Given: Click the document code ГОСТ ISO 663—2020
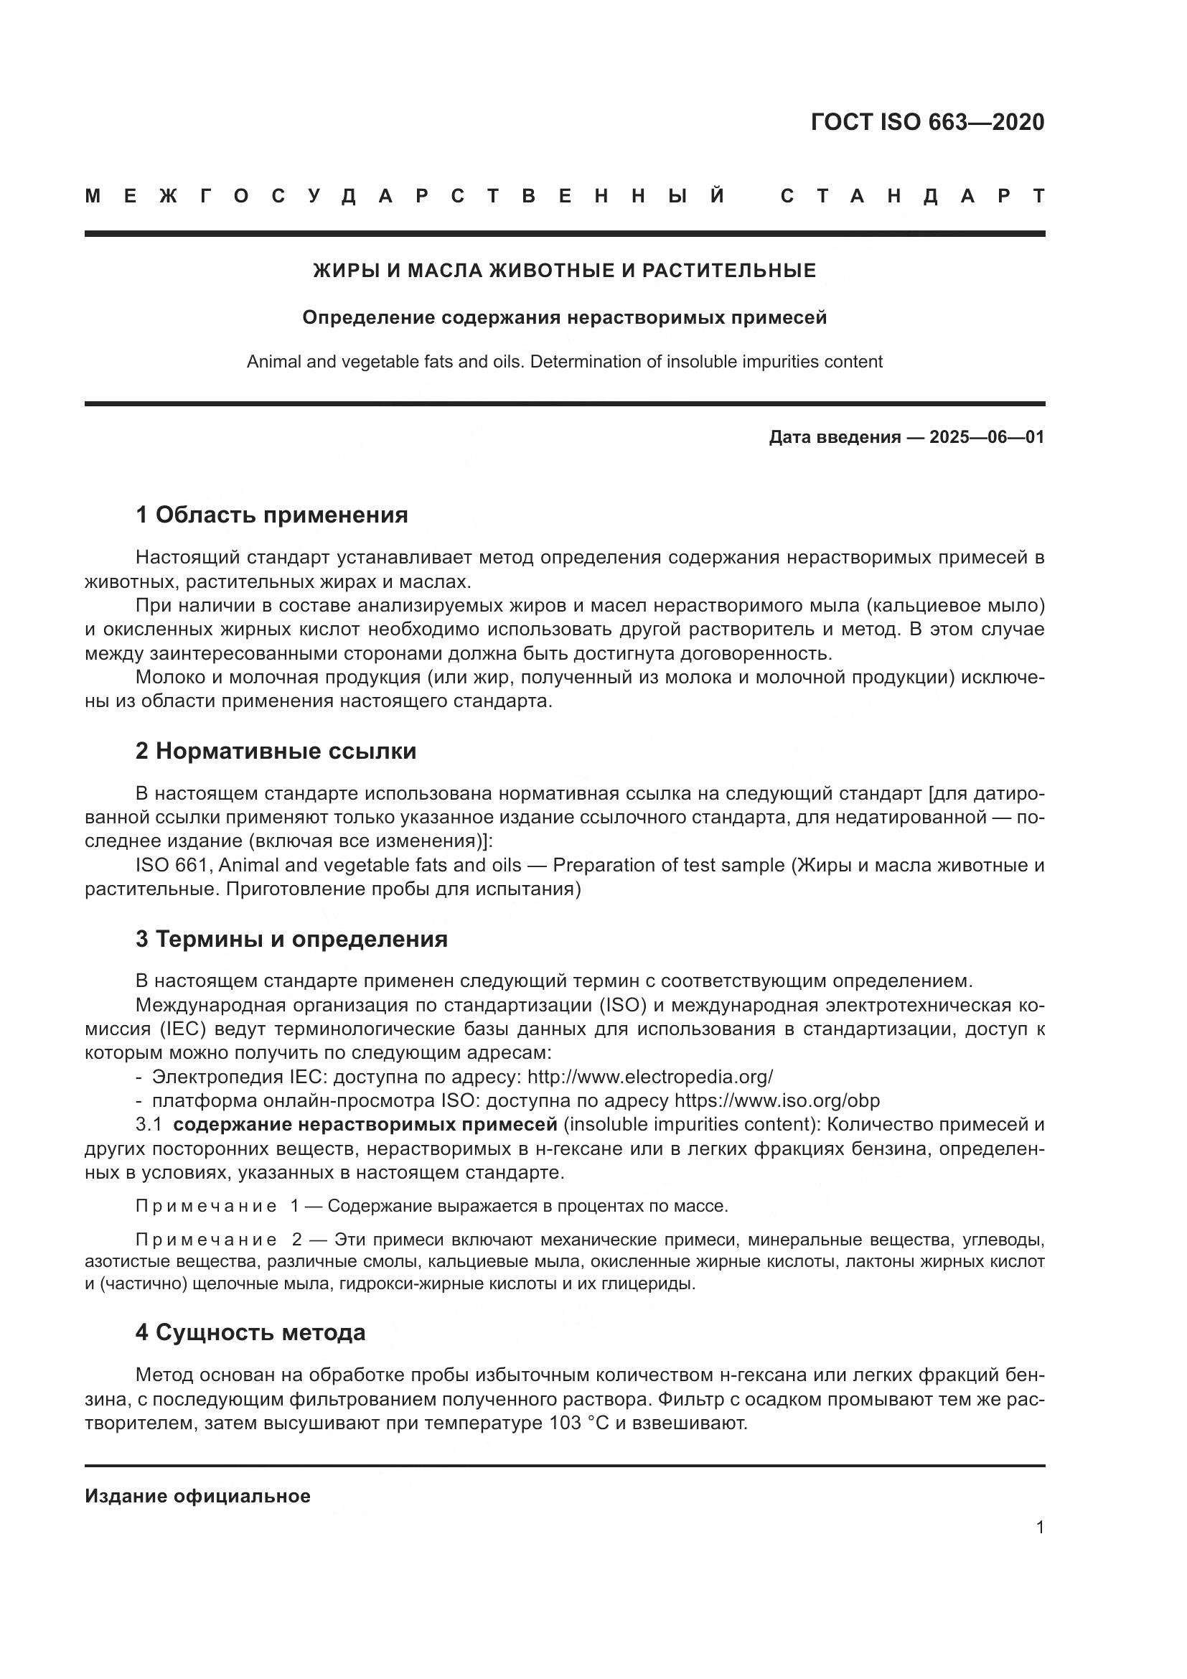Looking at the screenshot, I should click(x=926, y=122).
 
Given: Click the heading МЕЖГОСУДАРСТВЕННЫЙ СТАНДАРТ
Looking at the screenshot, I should click(x=564, y=196).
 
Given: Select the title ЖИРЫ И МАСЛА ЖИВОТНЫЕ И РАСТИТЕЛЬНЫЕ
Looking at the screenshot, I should click(x=564, y=271).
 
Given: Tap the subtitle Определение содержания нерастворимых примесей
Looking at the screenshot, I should click(x=564, y=318).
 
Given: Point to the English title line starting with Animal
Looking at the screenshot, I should click(x=564, y=362).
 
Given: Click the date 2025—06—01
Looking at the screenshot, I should click(x=987, y=437).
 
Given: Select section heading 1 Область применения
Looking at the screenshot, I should click(x=271, y=515).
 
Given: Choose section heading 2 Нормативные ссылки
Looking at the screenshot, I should click(x=276, y=751).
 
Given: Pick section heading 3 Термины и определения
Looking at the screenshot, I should click(x=291, y=939).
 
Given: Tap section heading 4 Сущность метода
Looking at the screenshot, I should click(x=250, y=1332).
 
